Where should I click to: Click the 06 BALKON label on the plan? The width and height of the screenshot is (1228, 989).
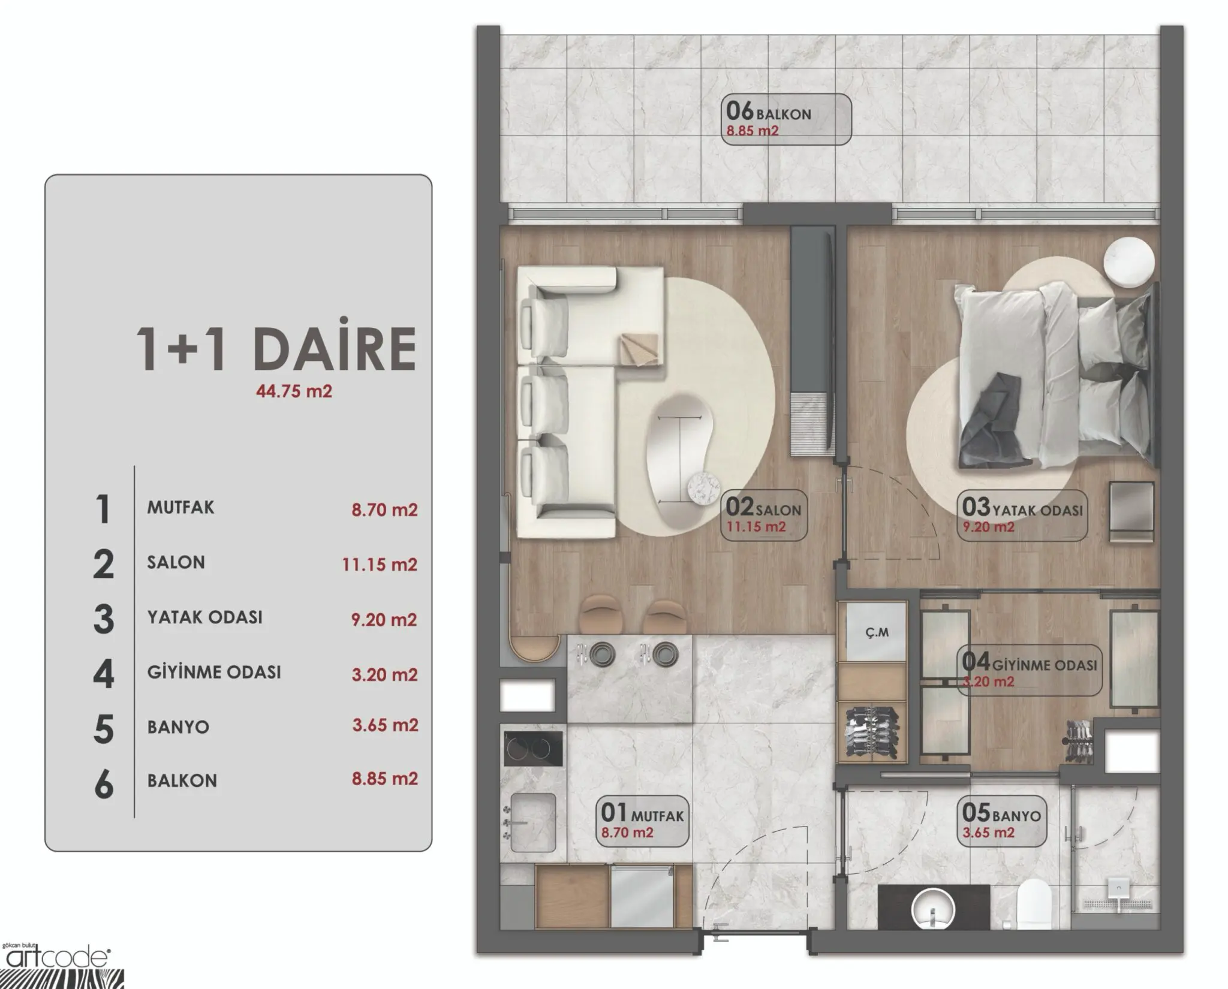[785, 119]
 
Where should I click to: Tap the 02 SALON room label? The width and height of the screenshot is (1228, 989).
[764, 516]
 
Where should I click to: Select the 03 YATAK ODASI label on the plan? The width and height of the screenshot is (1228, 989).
[1022, 516]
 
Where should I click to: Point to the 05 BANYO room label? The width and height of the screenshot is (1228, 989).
[1001, 821]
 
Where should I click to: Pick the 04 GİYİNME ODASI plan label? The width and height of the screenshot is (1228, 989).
[1029, 670]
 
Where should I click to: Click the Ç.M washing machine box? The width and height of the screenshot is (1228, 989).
[877, 631]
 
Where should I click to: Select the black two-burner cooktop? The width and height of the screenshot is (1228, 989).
[533, 748]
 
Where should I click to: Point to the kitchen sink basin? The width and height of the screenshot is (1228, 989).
[533, 822]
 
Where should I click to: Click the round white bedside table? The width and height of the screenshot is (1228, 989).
[1130, 261]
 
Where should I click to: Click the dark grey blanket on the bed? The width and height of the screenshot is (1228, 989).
[998, 420]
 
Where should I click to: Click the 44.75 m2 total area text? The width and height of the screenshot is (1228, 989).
[294, 391]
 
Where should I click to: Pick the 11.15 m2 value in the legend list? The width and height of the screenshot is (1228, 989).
[380, 564]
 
